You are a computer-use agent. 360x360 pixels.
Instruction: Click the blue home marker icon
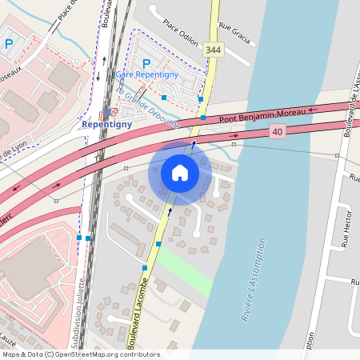[180, 172]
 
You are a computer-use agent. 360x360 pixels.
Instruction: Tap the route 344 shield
[212, 50]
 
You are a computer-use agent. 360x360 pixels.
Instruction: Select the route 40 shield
[278, 131]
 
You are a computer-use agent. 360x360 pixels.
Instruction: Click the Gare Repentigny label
[146, 74]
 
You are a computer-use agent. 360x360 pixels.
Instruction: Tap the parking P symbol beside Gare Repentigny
[146, 63]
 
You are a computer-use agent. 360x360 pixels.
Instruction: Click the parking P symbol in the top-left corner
[9, 44]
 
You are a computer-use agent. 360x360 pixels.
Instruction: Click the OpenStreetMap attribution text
[81, 354]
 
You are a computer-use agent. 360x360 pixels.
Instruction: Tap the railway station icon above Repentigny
[107, 113]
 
